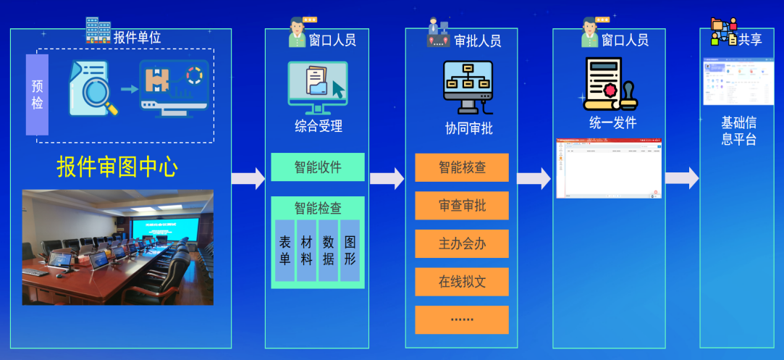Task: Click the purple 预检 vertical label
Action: click(x=37, y=95)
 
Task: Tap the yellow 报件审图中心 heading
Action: click(x=117, y=167)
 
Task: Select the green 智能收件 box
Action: click(x=318, y=167)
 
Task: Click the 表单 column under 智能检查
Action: click(x=285, y=251)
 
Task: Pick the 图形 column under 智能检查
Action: click(x=350, y=251)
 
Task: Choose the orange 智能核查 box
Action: click(x=462, y=167)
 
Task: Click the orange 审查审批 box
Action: click(x=462, y=206)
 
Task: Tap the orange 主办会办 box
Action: click(x=462, y=244)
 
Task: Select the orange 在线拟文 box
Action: click(x=462, y=282)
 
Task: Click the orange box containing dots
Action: click(x=462, y=319)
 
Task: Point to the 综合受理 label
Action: click(x=318, y=126)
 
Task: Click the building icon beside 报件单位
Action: click(x=98, y=30)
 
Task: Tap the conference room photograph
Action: click(x=117, y=247)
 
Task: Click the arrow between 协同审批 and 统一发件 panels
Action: click(x=534, y=178)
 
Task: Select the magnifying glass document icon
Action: click(x=91, y=89)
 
